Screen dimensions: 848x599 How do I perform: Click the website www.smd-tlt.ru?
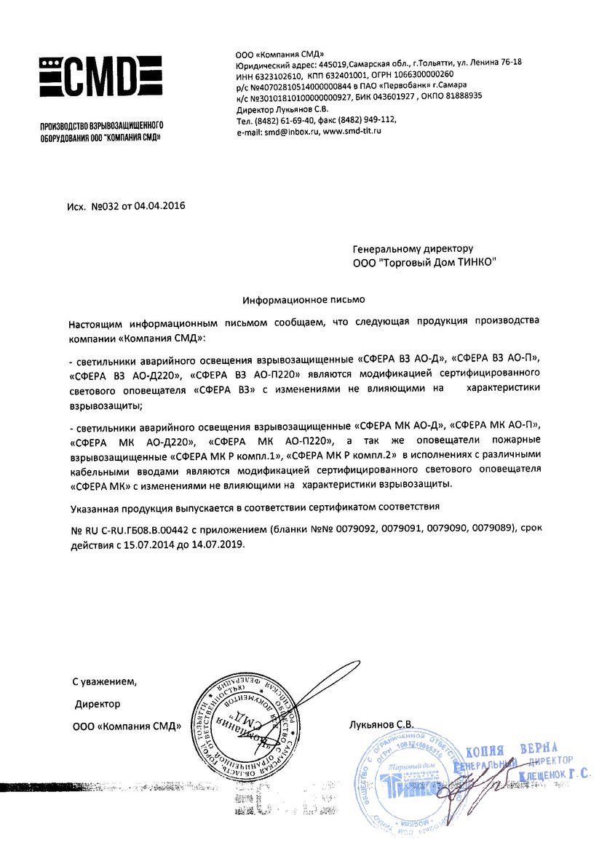(352, 131)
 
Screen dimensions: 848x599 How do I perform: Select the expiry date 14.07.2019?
(222, 544)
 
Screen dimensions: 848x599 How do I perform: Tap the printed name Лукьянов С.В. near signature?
(381, 725)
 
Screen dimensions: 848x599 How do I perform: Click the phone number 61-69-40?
(296, 120)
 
